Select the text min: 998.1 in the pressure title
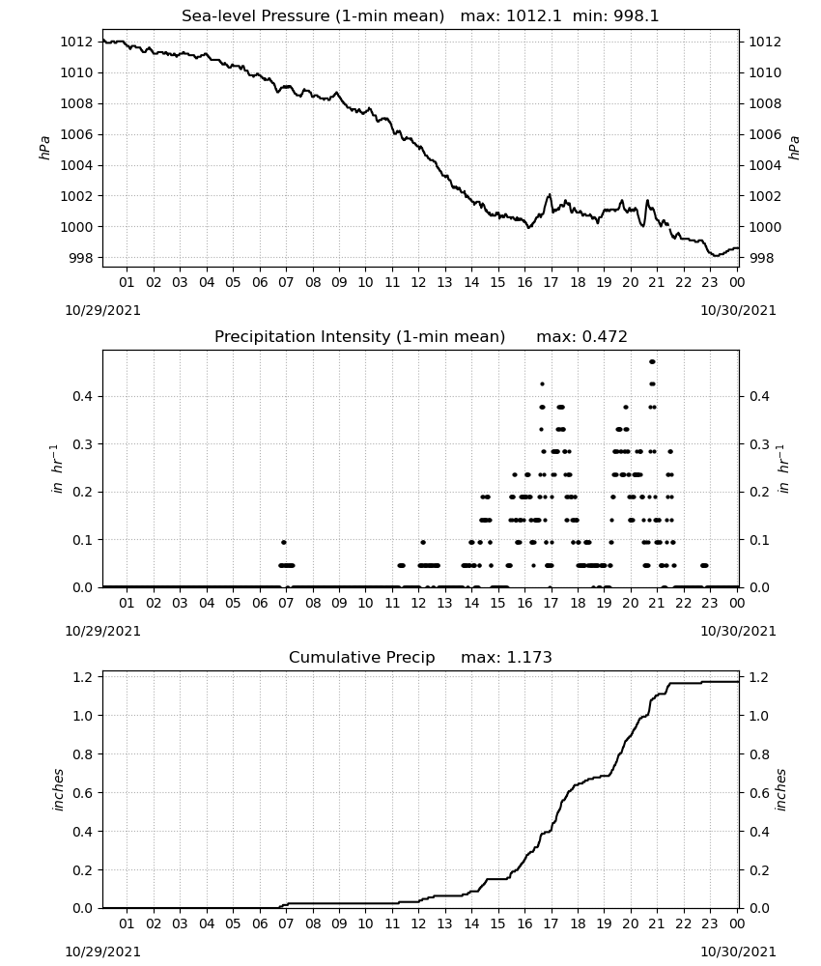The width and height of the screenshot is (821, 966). pos(615,16)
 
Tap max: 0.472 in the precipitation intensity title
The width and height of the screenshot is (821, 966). pos(581,337)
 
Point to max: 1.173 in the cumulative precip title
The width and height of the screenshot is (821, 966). pos(506,657)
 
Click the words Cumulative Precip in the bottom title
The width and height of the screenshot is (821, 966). pos(361,657)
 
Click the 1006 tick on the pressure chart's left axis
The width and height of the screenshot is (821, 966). pos(76,134)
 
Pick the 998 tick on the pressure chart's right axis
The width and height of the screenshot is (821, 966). pos(761,258)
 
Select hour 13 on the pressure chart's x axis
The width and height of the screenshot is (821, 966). pos(444,282)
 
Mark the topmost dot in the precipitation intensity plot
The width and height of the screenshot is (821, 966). pos(652,361)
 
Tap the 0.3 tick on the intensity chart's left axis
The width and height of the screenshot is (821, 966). pos(82,444)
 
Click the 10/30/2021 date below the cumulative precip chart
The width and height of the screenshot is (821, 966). pos(738,952)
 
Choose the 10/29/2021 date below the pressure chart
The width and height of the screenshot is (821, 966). pos(102,310)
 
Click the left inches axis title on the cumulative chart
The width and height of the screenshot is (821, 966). pos(59,790)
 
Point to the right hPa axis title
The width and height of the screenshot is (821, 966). pos(794,148)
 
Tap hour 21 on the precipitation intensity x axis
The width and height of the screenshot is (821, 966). pos(657,603)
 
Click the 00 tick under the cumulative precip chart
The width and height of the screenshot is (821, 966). pos(737,923)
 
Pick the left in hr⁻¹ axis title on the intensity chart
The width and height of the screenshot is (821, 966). pos(57,469)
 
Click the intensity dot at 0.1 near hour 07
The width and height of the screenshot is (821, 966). pos(284,542)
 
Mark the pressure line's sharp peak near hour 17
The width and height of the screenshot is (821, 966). pos(550,195)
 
